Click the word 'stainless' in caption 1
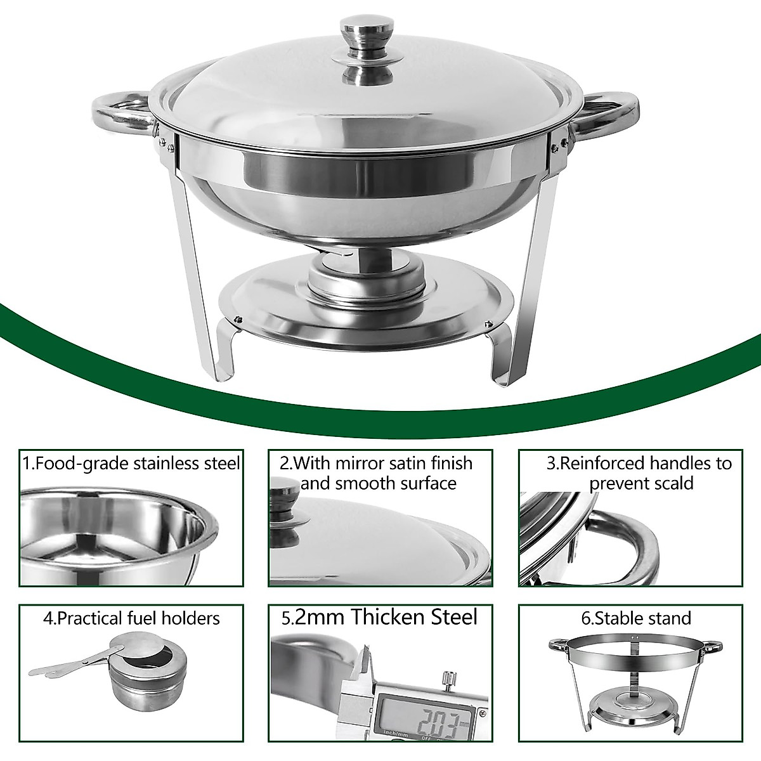pyautogui.click(x=172, y=463)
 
